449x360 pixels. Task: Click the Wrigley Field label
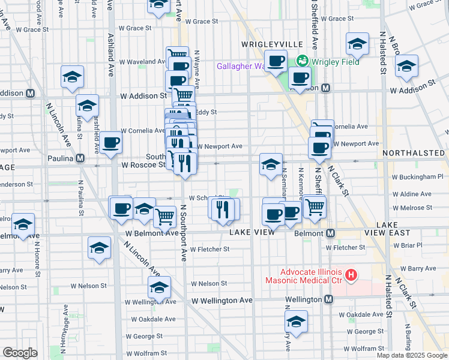[x=334, y=62]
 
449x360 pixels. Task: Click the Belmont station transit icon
[x=329, y=233]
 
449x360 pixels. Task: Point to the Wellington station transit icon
[x=328, y=299]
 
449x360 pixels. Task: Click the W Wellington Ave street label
[x=222, y=300]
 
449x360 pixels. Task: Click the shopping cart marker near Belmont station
[x=314, y=206]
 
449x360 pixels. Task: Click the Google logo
[x=20, y=353]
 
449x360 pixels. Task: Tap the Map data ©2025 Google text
[x=411, y=355]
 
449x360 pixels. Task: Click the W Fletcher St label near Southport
[x=209, y=249]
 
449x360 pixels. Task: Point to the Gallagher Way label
[x=241, y=66]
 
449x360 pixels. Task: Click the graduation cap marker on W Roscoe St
[x=271, y=164]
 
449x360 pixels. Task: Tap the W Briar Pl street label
[x=411, y=245]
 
